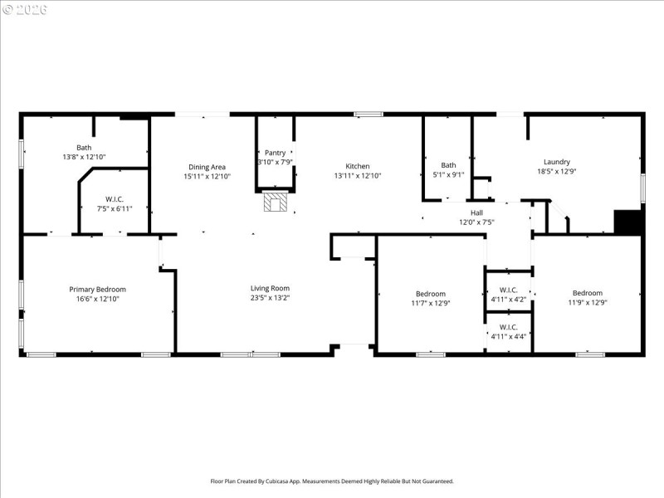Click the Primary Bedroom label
point(97,289)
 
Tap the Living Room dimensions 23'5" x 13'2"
point(270,299)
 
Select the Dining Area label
point(207,166)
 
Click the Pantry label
point(275,153)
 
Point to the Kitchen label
point(358,166)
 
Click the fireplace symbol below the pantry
point(275,202)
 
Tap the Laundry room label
point(557,162)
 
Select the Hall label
point(476,212)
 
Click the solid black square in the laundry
point(628,222)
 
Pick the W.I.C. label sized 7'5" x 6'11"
point(115,198)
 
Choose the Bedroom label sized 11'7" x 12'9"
point(431,293)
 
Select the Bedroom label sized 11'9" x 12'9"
point(587,293)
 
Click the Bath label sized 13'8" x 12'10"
point(84,147)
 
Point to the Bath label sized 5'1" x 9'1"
point(448,164)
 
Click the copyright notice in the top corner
point(25,9)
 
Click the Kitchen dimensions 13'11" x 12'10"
point(358,176)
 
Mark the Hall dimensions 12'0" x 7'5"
point(476,222)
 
